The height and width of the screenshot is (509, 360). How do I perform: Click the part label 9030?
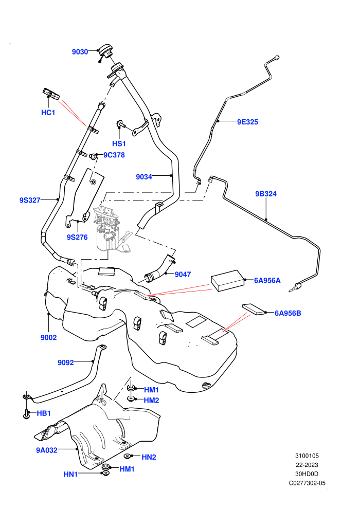[x=80, y=52]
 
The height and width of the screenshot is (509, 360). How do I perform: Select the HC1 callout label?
[x=48, y=113]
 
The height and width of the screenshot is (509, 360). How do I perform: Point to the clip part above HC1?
[x=50, y=94]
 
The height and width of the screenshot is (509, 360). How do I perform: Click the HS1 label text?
[x=119, y=143]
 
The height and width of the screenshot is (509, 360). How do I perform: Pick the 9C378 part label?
[x=114, y=155]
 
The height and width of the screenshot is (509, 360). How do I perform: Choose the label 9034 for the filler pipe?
[x=144, y=177]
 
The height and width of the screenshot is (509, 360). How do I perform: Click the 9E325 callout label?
[x=247, y=122]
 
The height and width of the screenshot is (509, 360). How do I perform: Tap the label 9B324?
[x=266, y=194]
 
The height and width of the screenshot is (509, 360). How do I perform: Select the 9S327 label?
[x=30, y=201]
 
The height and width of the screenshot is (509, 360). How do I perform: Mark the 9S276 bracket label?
[x=77, y=238]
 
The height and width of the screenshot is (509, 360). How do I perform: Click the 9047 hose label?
[x=183, y=275]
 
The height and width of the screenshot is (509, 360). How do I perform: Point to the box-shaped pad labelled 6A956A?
[x=227, y=280]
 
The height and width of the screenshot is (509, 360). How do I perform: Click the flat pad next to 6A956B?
[x=254, y=310]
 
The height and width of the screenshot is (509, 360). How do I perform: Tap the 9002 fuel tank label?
[x=49, y=338]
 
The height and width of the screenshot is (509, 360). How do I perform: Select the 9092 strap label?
[x=66, y=362]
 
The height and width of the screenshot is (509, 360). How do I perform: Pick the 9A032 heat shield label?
[x=47, y=450]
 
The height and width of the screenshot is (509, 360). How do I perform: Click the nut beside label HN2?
[x=128, y=457]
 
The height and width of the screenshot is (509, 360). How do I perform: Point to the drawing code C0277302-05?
[x=307, y=483]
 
